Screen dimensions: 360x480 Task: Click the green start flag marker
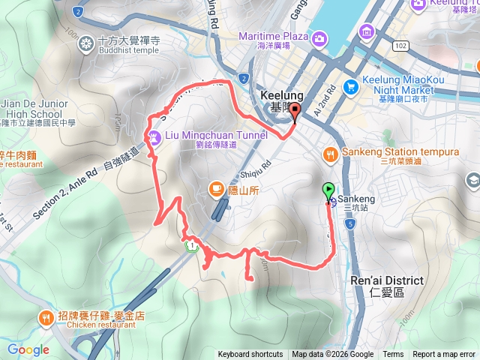pyautogui.click(x=328, y=190)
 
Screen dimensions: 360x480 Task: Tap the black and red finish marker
pyautogui.click(x=294, y=113)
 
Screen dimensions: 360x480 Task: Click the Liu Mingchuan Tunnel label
pyautogui.click(x=214, y=136)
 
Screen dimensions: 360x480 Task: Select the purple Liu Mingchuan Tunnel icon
pyautogui.click(x=154, y=136)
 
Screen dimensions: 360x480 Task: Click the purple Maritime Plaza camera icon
pyautogui.click(x=319, y=38)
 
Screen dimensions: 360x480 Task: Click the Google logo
pyautogui.click(x=28, y=349)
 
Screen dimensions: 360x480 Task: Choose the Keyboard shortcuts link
pyautogui.click(x=250, y=355)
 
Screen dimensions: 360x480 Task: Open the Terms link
pyautogui.click(x=393, y=355)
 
